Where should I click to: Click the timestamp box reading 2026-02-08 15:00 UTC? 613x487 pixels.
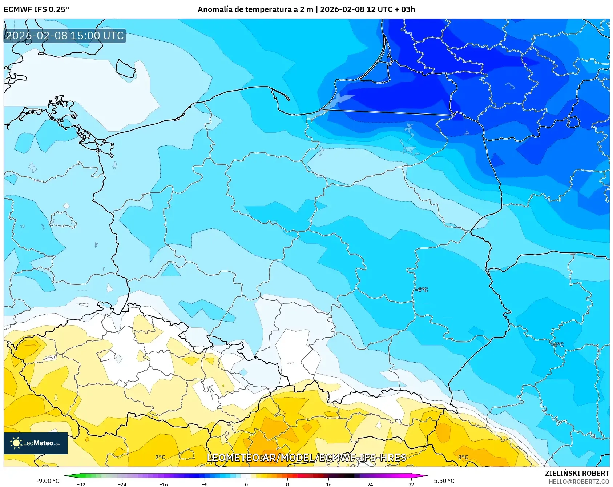tap(65, 36)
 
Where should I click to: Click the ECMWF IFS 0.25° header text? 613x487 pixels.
tap(36, 9)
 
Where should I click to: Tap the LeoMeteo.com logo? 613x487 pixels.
tap(36, 443)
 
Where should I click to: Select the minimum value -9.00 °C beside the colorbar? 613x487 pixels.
tap(48, 481)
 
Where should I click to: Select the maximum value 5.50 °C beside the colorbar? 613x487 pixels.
tap(444, 481)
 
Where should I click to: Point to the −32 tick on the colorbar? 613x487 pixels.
tap(81, 484)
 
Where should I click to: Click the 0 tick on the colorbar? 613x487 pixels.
tap(246, 484)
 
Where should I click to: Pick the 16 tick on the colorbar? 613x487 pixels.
tap(329, 484)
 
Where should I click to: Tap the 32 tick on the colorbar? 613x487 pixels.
tap(411, 484)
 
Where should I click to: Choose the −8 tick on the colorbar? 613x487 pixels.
tap(205, 484)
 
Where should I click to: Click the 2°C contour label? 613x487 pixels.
tap(160, 457)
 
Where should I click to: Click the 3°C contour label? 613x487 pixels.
tap(463, 457)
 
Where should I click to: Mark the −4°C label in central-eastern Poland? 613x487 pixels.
tap(422, 290)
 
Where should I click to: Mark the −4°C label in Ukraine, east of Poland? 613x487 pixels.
tap(557, 344)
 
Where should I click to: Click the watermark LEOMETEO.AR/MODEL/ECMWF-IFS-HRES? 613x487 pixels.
tap(306, 458)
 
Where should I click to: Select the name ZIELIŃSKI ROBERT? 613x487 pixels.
tap(577, 473)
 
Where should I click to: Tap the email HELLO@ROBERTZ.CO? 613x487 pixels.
tap(578, 482)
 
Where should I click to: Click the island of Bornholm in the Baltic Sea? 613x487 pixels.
tap(126, 68)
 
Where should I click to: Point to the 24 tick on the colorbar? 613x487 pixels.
tap(370, 484)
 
